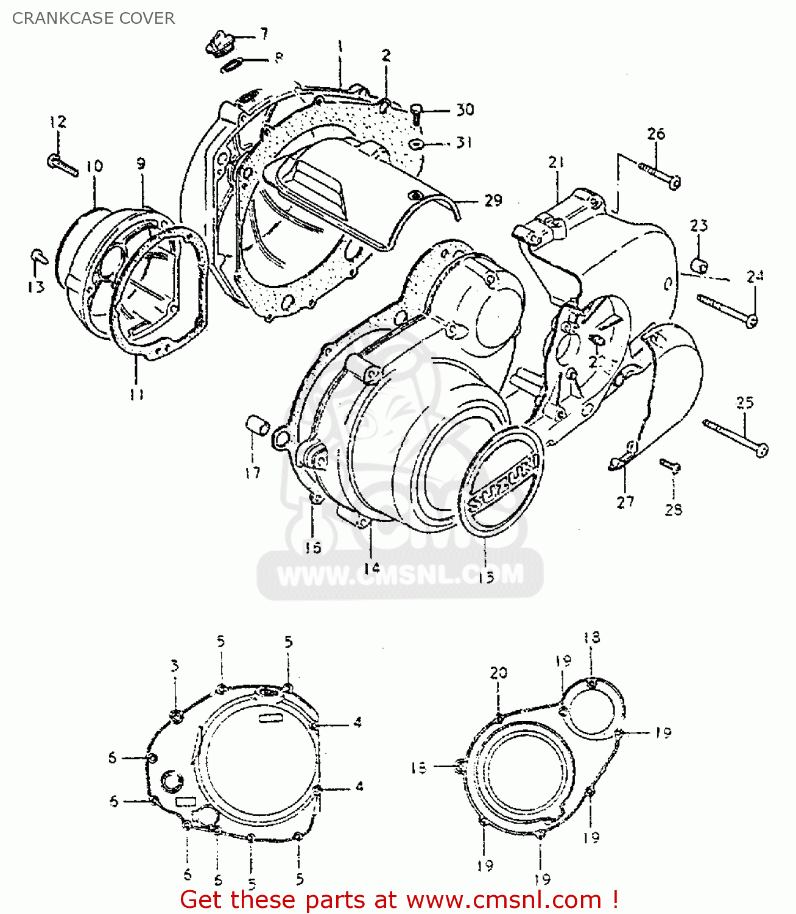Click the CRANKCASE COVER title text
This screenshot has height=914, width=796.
tap(93, 18)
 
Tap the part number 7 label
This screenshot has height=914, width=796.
tap(263, 34)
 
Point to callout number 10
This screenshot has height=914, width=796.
tap(94, 166)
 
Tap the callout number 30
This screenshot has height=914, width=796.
tap(465, 110)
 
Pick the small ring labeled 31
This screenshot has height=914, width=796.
tap(417, 144)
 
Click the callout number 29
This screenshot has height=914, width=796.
tap(493, 200)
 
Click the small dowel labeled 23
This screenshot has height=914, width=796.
tap(699, 266)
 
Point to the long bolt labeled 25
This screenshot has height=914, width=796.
tap(735, 436)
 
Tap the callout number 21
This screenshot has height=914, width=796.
tap(555, 163)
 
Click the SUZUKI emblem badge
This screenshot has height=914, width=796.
tap(503, 481)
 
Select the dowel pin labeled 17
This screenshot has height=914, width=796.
tap(257, 425)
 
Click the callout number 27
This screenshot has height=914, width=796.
tap(625, 502)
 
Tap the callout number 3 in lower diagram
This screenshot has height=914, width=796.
tap(175, 666)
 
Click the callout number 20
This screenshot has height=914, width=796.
tap(498, 673)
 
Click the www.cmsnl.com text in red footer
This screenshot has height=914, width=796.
tap(503, 899)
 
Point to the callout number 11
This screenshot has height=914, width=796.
tap(137, 394)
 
